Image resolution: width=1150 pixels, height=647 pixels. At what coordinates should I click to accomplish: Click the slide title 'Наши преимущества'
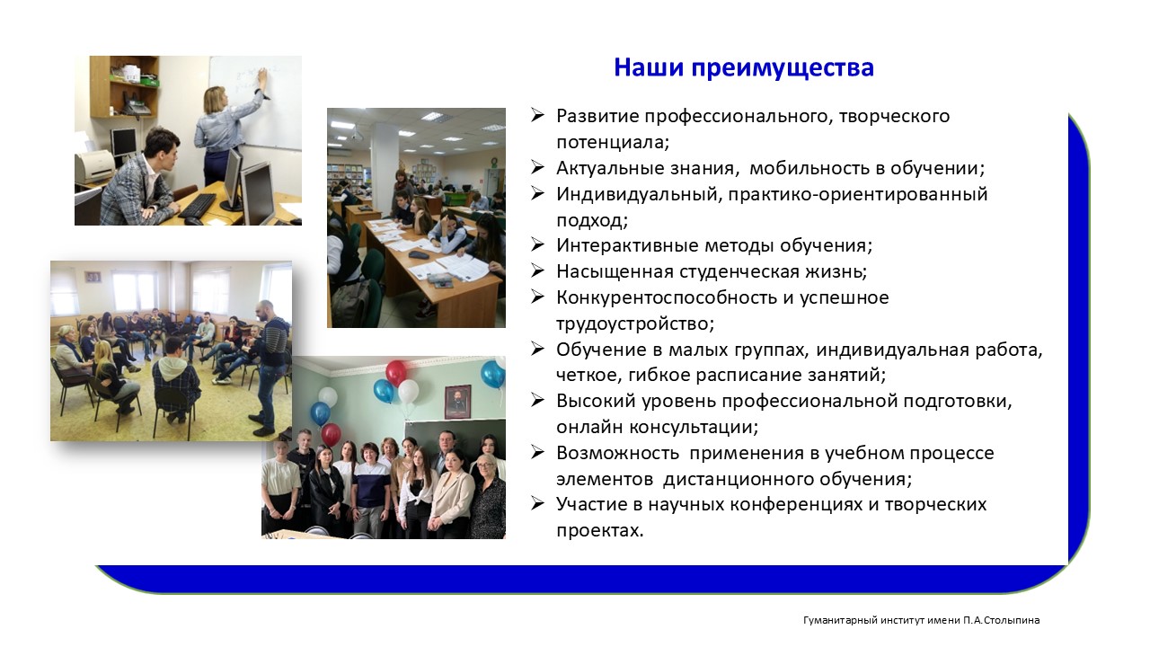point(744,68)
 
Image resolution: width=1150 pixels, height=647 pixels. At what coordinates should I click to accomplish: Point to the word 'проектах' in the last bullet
point(597,530)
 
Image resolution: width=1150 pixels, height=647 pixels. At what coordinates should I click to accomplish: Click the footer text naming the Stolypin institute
point(922,620)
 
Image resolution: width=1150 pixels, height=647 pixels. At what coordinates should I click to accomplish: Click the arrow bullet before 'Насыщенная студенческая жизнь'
point(537,270)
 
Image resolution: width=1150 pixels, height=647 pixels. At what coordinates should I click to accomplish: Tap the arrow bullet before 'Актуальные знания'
point(537,167)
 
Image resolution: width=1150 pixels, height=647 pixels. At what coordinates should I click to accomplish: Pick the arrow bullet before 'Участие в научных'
point(537,504)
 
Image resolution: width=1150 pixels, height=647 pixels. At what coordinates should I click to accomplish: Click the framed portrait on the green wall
point(457,402)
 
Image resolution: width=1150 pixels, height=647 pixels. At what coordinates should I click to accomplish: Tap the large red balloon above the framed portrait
point(396,372)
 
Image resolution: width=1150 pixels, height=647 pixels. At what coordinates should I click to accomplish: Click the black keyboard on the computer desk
point(197,206)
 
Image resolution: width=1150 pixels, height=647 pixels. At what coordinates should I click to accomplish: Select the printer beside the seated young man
point(95,166)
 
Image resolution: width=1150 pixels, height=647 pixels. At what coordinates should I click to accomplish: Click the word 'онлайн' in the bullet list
point(590,427)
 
